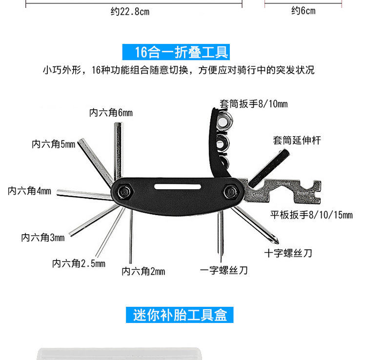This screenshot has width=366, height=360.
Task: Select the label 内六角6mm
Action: [x=111, y=113]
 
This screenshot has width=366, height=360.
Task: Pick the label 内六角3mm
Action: [x=43, y=238]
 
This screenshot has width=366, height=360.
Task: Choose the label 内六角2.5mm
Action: [x=79, y=264]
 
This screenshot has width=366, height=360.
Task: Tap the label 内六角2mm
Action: [x=143, y=271]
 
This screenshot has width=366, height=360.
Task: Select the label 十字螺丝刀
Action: [x=288, y=253]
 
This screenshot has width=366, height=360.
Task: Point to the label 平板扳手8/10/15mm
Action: [x=311, y=215]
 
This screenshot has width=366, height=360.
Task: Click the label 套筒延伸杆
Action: [x=297, y=140]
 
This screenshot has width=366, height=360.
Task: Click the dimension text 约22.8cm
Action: [x=130, y=12]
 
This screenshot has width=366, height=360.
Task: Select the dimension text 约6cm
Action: [x=304, y=11]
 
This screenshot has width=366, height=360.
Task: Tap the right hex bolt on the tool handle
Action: [x=229, y=192]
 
